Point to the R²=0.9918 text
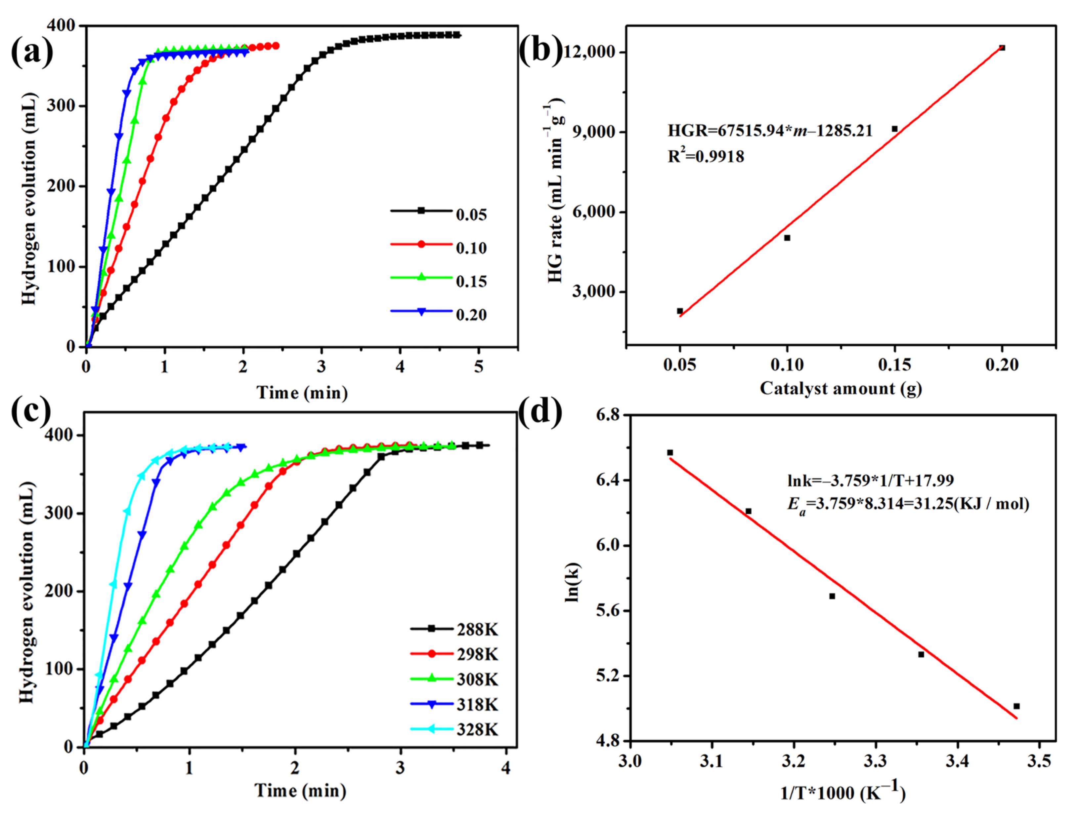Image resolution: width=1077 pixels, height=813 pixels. point(706,157)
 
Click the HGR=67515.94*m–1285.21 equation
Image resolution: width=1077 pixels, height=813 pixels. point(770,131)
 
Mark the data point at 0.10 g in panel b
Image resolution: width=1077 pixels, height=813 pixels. point(787,238)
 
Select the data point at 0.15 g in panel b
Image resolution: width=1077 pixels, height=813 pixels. point(894,129)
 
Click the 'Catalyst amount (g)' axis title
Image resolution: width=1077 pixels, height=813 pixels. point(841,389)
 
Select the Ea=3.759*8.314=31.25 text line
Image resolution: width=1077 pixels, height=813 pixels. point(908,504)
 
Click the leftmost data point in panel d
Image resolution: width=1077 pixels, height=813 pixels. point(670,452)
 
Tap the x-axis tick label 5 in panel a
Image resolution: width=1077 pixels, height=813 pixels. point(479,367)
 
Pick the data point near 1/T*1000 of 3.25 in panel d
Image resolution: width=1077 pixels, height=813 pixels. point(832,596)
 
